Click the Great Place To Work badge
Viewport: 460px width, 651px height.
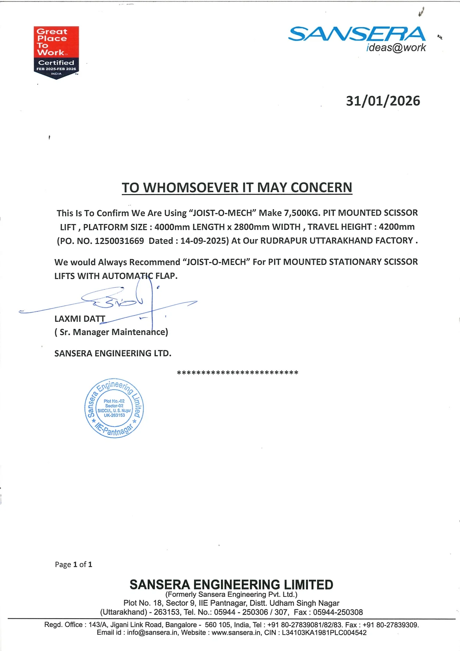click(x=56, y=52)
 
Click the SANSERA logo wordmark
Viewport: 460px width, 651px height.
click(x=356, y=34)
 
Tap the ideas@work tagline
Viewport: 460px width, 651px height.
click(x=396, y=48)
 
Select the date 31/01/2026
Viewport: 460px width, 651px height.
click(x=383, y=101)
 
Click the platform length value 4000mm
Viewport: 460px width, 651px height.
click(x=172, y=227)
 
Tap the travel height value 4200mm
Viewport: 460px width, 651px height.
click(x=397, y=227)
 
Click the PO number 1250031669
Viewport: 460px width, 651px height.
click(x=119, y=241)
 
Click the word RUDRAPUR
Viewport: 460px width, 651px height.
click(x=283, y=241)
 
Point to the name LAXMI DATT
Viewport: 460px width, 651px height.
click(x=80, y=319)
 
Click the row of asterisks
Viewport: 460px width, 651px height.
click(x=237, y=373)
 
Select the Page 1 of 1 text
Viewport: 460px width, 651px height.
click(x=73, y=565)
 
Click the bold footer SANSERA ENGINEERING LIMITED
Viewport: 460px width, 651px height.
click(x=231, y=585)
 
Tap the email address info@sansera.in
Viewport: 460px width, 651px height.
click(x=152, y=633)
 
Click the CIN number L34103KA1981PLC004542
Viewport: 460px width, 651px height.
click(x=324, y=633)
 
